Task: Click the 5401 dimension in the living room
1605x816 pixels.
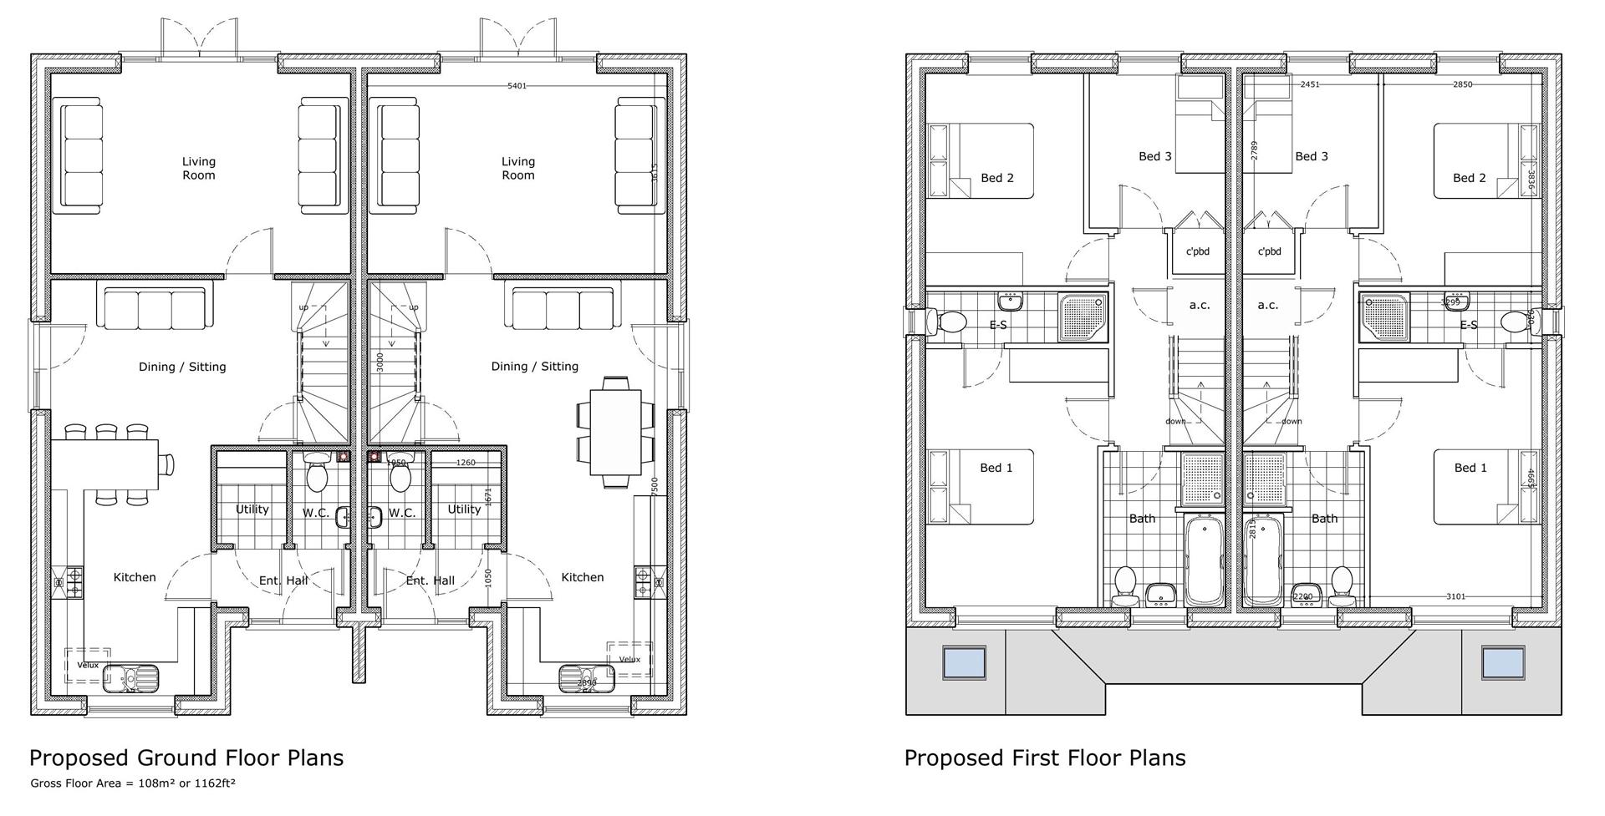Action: click(517, 86)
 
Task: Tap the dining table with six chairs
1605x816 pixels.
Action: click(617, 432)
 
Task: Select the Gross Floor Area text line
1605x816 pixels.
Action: click(133, 783)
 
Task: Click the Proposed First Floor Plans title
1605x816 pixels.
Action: click(1044, 758)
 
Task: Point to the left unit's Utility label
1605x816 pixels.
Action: click(252, 509)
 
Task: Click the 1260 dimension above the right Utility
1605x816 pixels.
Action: click(466, 463)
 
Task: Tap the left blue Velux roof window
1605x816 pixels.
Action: click(964, 662)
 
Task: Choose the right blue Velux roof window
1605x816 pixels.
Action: click(1503, 662)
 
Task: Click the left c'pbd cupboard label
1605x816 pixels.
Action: click(1198, 251)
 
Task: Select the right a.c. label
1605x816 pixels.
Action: click(1267, 305)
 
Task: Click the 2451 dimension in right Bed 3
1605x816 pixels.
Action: click(1310, 84)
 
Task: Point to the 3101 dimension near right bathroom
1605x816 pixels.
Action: click(1455, 596)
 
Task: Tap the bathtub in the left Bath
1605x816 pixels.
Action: click(1204, 560)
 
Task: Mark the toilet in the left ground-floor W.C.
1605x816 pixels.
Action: click(317, 474)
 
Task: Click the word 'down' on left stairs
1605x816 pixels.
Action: click(1175, 421)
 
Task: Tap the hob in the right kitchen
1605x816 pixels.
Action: click(644, 580)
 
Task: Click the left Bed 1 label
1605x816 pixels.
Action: click(996, 468)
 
